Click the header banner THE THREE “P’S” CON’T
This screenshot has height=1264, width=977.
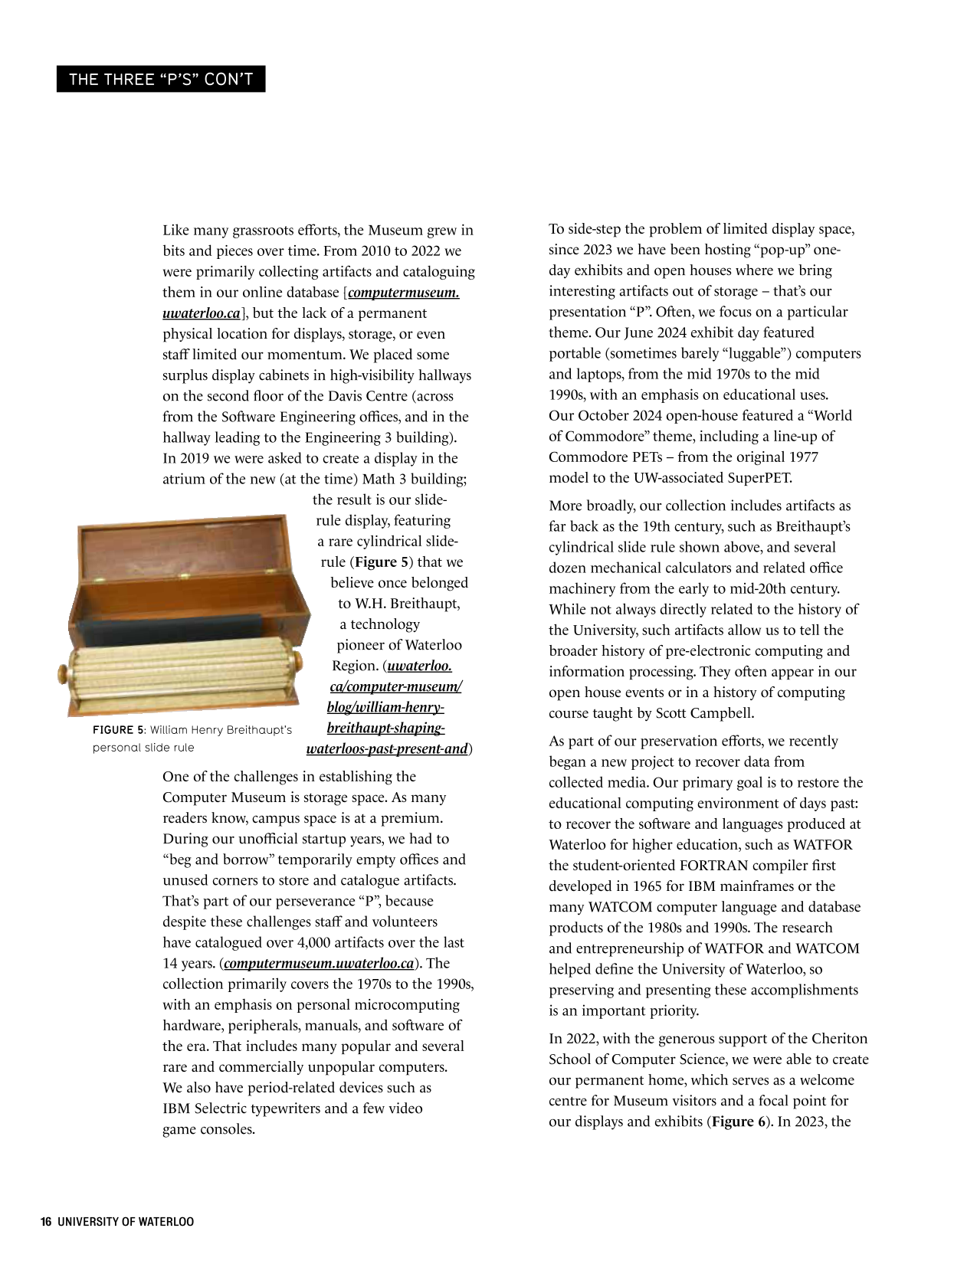[x=161, y=79]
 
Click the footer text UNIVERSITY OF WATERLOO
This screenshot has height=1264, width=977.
[x=126, y=1222]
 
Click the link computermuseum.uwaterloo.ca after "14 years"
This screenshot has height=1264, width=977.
[x=320, y=964]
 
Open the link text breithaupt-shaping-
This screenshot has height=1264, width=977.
[x=385, y=728]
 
